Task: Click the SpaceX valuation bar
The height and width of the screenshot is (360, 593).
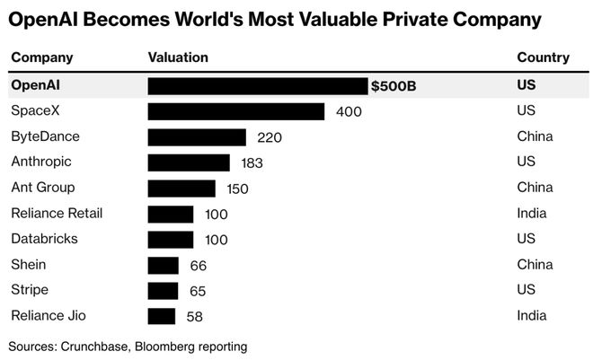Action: [235, 111]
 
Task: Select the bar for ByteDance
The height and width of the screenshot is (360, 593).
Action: [196, 137]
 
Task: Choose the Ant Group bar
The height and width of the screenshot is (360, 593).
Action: [181, 189]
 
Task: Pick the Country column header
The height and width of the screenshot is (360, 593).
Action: [543, 57]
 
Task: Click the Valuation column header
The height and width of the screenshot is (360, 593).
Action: [177, 57]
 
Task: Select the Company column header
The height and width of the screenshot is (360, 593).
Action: [41, 57]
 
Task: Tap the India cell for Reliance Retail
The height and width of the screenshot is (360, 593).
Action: [532, 214]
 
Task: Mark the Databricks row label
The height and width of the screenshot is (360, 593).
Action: [43, 239]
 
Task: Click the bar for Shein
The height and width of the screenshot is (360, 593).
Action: [163, 265]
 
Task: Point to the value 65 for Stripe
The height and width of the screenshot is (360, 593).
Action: [197, 291]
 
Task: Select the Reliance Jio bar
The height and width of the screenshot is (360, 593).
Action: [161, 316]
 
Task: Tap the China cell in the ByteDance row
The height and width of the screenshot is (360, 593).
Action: [535, 137]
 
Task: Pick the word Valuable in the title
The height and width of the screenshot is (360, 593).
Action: [349, 19]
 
